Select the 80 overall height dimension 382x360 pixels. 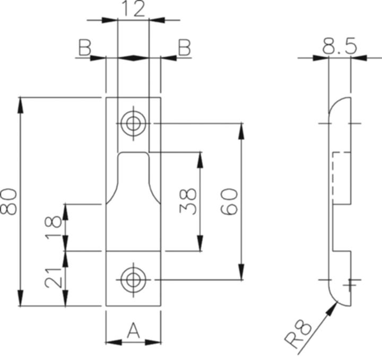click(9, 201)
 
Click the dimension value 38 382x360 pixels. click(188, 201)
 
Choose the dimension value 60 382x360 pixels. click(229, 201)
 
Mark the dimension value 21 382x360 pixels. click(53, 278)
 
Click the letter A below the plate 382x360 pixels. click(133, 330)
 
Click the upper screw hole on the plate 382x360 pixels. click(133, 123)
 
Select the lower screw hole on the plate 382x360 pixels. click(133, 280)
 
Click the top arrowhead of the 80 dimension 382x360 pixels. click(20, 105)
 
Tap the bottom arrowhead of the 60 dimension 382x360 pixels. click(241, 272)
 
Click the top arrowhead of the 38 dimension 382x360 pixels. click(200, 160)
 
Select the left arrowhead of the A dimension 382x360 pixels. click(114, 342)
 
